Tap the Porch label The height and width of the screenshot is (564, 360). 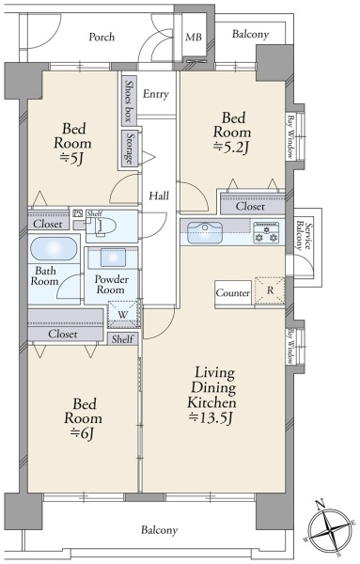point(102,37)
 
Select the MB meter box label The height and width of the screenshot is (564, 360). point(194,37)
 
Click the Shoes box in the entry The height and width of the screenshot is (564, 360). point(129,101)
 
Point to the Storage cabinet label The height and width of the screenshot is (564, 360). point(130,148)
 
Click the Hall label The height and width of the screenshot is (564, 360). point(159,196)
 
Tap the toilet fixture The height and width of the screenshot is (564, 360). point(102,227)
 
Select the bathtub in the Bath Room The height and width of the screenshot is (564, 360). point(54,248)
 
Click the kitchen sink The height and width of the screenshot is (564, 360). point(205,232)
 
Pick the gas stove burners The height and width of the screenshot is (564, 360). point(267,233)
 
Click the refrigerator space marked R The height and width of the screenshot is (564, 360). point(270,291)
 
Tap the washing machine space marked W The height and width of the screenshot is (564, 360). point(123,315)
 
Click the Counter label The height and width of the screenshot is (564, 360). point(233,293)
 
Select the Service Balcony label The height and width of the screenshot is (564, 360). point(305,236)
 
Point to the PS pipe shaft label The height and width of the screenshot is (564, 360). point(77,213)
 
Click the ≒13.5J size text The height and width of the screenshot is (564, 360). point(211,417)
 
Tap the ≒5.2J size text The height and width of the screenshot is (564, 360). point(231,148)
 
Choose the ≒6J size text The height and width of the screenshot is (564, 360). point(83,432)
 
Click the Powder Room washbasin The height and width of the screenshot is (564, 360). point(113,258)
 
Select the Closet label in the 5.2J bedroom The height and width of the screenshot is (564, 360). point(250,207)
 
